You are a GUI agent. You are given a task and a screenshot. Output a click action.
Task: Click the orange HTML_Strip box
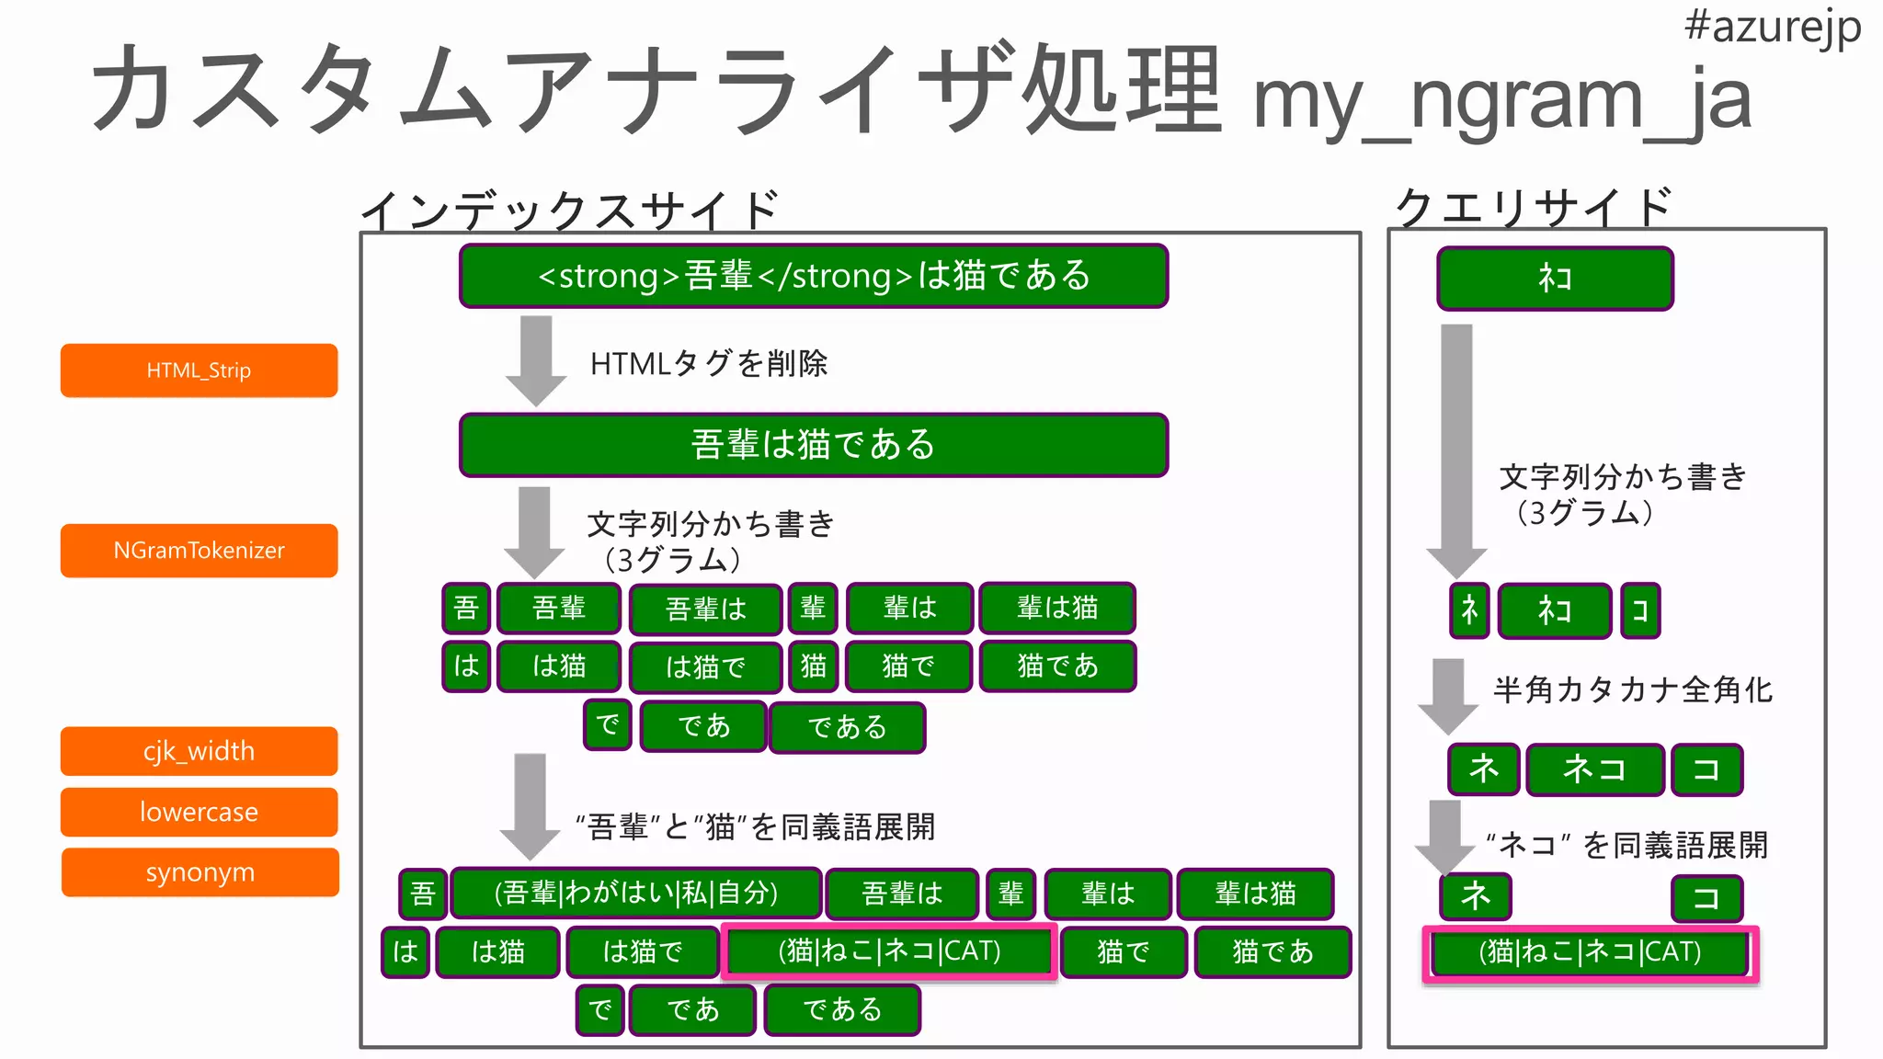tap(199, 370)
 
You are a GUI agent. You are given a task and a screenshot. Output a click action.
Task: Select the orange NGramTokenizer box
tap(199, 551)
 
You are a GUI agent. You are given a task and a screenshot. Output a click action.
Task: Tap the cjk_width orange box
tap(199, 751)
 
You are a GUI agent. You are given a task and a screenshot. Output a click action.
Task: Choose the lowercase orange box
tap(199, 812)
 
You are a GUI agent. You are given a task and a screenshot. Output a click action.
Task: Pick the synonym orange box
tap(200, 872)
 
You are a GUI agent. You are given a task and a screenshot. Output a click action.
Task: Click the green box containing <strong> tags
tap(814, 276)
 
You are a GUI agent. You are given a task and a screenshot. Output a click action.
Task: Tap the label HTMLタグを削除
tap(709, 364)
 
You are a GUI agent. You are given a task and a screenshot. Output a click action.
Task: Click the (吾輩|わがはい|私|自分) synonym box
tap(635, 893)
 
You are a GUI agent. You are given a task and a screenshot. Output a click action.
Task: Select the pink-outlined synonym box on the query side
tap(1590, 952)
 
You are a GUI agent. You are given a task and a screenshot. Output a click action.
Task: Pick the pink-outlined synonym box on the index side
tap(889, 951)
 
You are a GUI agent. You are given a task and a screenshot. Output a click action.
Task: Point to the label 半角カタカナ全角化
tap(1633, 689)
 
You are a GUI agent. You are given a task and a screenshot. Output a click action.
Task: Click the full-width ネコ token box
tap(1595, 769)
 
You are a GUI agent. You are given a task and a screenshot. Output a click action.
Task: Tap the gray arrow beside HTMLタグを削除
tap(536, 359)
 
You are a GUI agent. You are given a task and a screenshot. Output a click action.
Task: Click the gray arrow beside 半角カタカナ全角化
tap(1448, 694)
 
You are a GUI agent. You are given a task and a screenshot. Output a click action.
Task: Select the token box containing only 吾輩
tap(559, 608)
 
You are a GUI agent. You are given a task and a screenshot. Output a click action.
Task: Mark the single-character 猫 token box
tap(813, 666)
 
